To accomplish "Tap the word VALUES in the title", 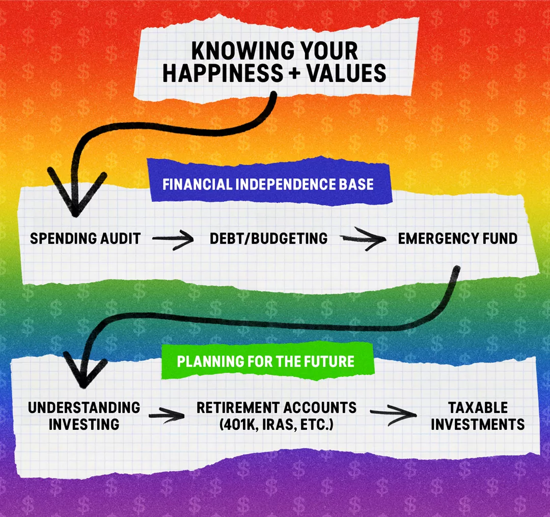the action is pyautogui.click(x=346, y=73).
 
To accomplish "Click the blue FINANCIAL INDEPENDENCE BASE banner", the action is pyautogui.click(x=268, y=182).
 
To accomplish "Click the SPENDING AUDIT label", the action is pyautogui.click(x=85, y=238).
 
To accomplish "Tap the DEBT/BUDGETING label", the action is pyautogui.click(x=268, y=238).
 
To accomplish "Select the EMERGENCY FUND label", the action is pyautogui.click(x=457, y=238).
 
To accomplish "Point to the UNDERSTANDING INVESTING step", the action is pyautogui.click(x=84, y=416).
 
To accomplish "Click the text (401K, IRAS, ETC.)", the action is pyautogui.click(x=277, y=424).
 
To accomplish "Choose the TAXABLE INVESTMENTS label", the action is pyautogui.click(x=478, y=416).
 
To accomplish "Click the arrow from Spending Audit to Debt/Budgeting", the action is pyautogui.click(x=173, y=239).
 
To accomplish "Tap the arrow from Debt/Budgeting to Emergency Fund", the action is pyautogui.click(x=364, y=238).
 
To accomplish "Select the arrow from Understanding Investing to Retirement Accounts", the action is pyautogui.click(x=167, y=416).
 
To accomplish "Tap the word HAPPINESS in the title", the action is pyautogui.click(x=223, y=73).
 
